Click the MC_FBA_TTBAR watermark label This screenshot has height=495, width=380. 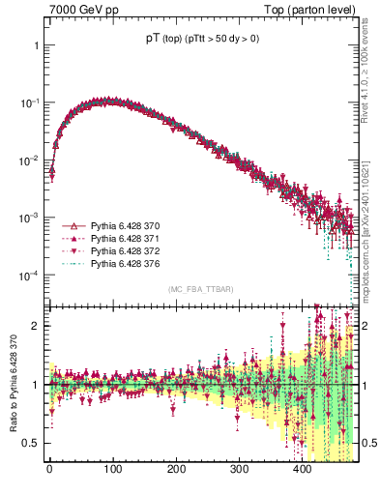200,289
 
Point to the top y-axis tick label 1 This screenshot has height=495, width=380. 35,45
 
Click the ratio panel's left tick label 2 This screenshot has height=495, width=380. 35,326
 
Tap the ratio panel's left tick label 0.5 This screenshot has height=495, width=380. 31,443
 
